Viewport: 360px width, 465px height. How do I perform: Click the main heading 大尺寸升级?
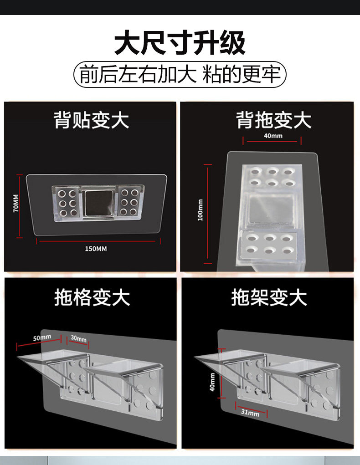point(180,43)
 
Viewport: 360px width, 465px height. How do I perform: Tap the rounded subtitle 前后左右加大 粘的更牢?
point(180,75)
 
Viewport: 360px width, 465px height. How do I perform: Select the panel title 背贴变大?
point(92,121)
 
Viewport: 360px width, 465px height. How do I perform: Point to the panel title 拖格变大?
point(92,298)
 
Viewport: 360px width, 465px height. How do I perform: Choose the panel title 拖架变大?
point(269,298)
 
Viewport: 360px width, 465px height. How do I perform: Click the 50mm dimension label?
point(42,337)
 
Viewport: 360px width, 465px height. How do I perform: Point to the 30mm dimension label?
point(78,339)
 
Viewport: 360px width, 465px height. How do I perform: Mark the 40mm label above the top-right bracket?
point(273,136)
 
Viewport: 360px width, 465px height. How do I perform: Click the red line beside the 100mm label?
point(208,214)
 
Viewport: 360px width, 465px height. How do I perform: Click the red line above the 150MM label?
point(98,240)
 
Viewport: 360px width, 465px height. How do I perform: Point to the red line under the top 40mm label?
point(272,142)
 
